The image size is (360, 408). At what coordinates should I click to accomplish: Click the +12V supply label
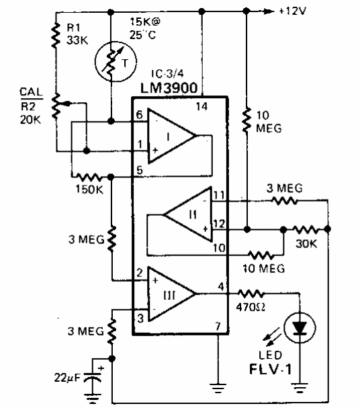coord(292,11)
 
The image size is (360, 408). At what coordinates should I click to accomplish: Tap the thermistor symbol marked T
coord(116,61)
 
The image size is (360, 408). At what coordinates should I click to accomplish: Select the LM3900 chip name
coord(169,88)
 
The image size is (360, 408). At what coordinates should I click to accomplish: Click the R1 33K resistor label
coord(77,34)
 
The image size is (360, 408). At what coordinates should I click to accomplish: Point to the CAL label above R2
coord(31,92)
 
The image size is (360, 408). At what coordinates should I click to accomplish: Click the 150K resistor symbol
coord(89,177)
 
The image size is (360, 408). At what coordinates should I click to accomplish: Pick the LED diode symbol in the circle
coord(300,327)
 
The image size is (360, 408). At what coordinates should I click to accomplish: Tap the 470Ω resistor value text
coord(251,308)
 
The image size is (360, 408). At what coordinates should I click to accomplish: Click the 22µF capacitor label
coord(67,378)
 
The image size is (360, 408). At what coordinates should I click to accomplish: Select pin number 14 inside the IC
coord(201,106)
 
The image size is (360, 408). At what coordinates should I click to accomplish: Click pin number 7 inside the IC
coord(218,326)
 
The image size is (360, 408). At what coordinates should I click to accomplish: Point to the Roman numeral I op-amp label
coord(169,136)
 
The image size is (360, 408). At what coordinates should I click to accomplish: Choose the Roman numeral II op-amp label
coord(193,215)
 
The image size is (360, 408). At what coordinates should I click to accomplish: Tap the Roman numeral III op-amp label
coord(169,296)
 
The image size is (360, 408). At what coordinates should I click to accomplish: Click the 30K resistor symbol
coord(306,229)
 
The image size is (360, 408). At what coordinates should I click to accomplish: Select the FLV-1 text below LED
coord(270,369)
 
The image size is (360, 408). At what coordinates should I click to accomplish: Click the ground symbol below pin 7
coord(218,388)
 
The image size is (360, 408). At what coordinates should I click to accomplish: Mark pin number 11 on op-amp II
coord(219,195)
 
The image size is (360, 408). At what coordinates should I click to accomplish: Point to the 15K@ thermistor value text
coord(145,22)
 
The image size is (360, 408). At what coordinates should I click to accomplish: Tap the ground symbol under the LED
coord(300,388)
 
